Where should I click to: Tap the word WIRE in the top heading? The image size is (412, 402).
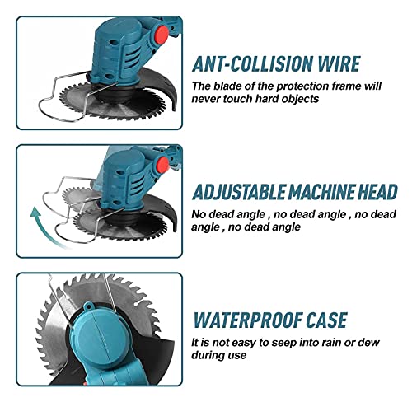[x=339, y=63]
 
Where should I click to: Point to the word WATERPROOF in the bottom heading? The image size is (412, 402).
[x=246, y=320]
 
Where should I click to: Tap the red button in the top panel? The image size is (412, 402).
[x=162, y=35]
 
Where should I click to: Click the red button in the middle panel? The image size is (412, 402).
[x=162, y=165]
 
